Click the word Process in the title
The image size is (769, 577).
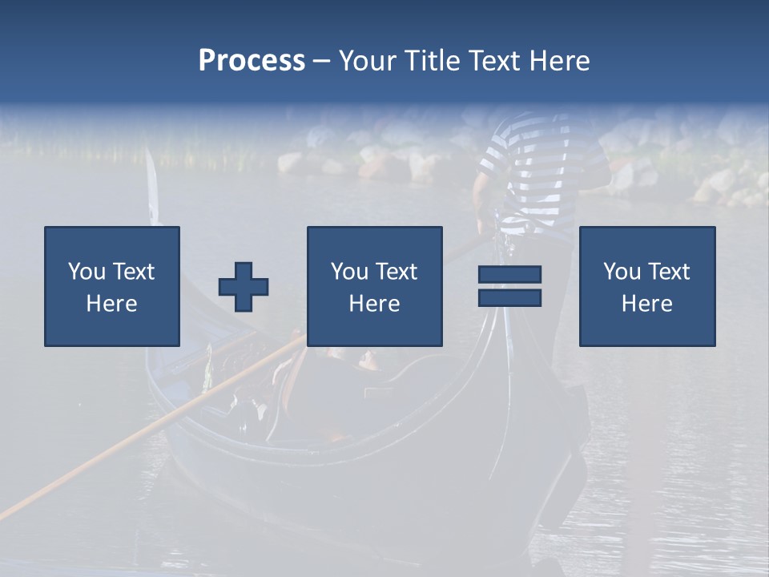coord(252,61)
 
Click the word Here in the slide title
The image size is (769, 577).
coord(560,61)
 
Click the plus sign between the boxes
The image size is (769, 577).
coord(244,287)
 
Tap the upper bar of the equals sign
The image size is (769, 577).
coord(509,275)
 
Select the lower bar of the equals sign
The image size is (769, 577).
coord(509,297)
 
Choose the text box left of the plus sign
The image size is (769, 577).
coord(112,286)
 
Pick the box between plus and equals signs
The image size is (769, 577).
coord(375,286)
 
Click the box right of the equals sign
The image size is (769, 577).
coord(647,286)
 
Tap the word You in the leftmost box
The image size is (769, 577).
coord(87,272)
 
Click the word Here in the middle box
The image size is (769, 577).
coord(375,304)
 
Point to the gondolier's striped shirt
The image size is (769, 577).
coord(529,168)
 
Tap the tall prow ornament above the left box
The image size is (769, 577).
coord(152,188)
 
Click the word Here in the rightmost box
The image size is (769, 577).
coord(647,304)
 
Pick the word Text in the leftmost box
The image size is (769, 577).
coord(134,272)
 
